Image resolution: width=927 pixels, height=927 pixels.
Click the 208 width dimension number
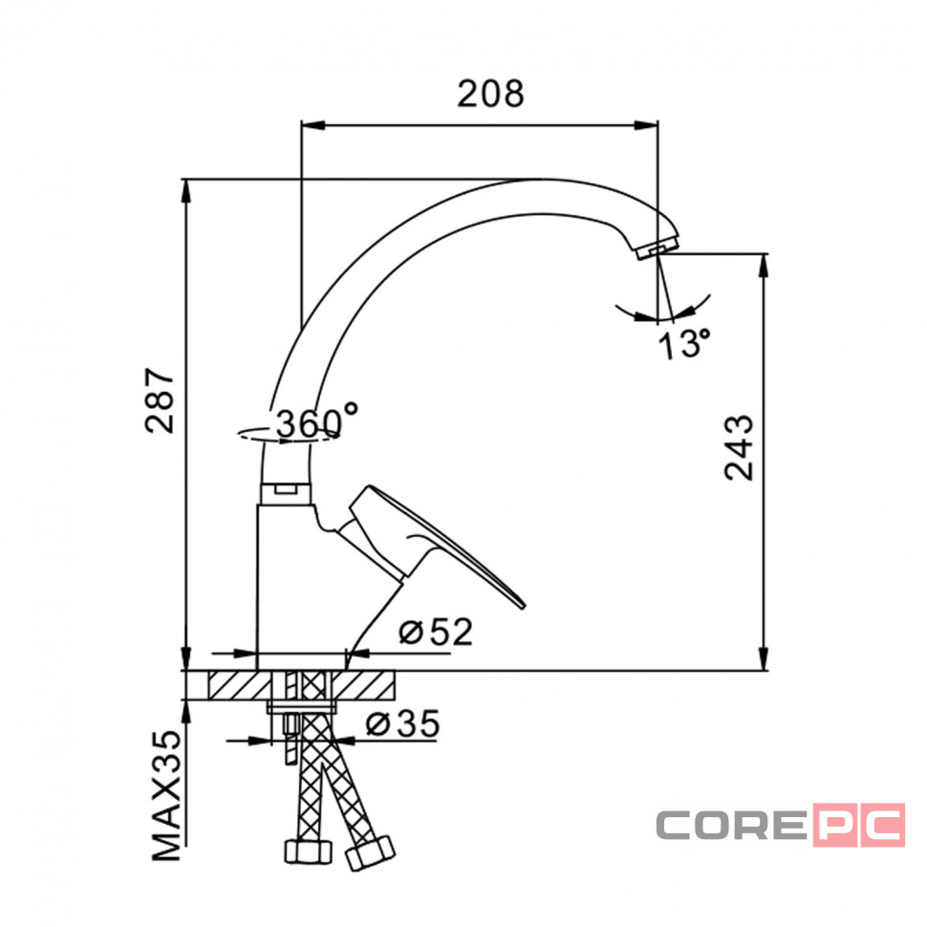point(490,94)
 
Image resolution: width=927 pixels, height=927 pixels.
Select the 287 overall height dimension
point(161,400)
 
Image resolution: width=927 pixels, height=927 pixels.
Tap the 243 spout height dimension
point(740,447)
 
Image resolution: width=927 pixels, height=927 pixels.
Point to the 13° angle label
point(684,344)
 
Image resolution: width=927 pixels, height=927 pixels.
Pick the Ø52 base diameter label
point(436,632)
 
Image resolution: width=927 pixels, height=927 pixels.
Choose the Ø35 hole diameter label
point(402,723)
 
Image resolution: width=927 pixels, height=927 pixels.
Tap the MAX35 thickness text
point(166,795)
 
